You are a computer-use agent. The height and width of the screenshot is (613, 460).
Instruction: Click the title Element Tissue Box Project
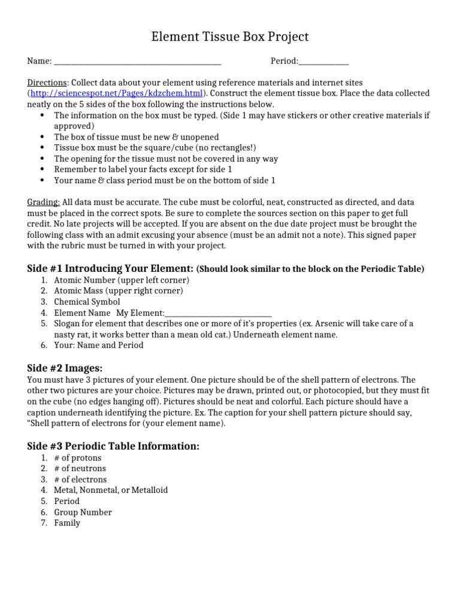229,37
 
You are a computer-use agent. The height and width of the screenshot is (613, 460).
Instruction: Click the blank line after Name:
137,62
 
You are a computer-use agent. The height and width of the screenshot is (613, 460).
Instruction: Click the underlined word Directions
47,83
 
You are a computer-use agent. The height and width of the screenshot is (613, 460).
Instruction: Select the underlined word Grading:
44,202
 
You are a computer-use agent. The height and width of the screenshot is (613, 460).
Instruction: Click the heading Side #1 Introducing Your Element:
110,268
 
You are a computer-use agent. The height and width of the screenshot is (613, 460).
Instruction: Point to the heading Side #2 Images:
65,368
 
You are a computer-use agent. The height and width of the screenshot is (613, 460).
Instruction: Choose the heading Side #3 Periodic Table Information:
113,446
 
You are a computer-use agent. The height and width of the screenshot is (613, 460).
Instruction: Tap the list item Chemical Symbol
87,302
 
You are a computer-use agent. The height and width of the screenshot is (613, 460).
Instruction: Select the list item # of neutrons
80,469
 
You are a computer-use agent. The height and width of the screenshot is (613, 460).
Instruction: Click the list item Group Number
83,512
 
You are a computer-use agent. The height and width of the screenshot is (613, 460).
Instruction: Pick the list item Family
66,523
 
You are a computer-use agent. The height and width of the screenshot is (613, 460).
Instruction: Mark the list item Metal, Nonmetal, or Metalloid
111,490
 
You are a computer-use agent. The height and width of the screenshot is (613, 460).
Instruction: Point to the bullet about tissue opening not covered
166,159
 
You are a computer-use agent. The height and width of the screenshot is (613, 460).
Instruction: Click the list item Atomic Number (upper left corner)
122,280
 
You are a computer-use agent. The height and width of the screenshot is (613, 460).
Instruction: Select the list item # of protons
77,458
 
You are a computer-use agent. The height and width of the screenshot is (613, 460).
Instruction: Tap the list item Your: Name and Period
98,345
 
